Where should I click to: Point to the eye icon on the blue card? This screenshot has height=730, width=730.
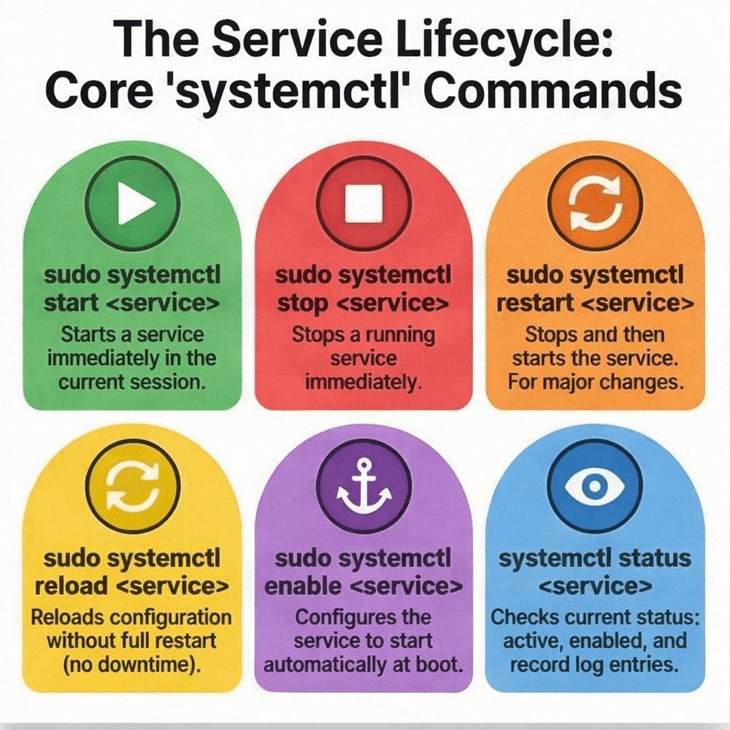[x=594, y=485]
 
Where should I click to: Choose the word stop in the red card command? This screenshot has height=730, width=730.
[x=302, y=302]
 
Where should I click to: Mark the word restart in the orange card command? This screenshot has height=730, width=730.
[x=533, y=302]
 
